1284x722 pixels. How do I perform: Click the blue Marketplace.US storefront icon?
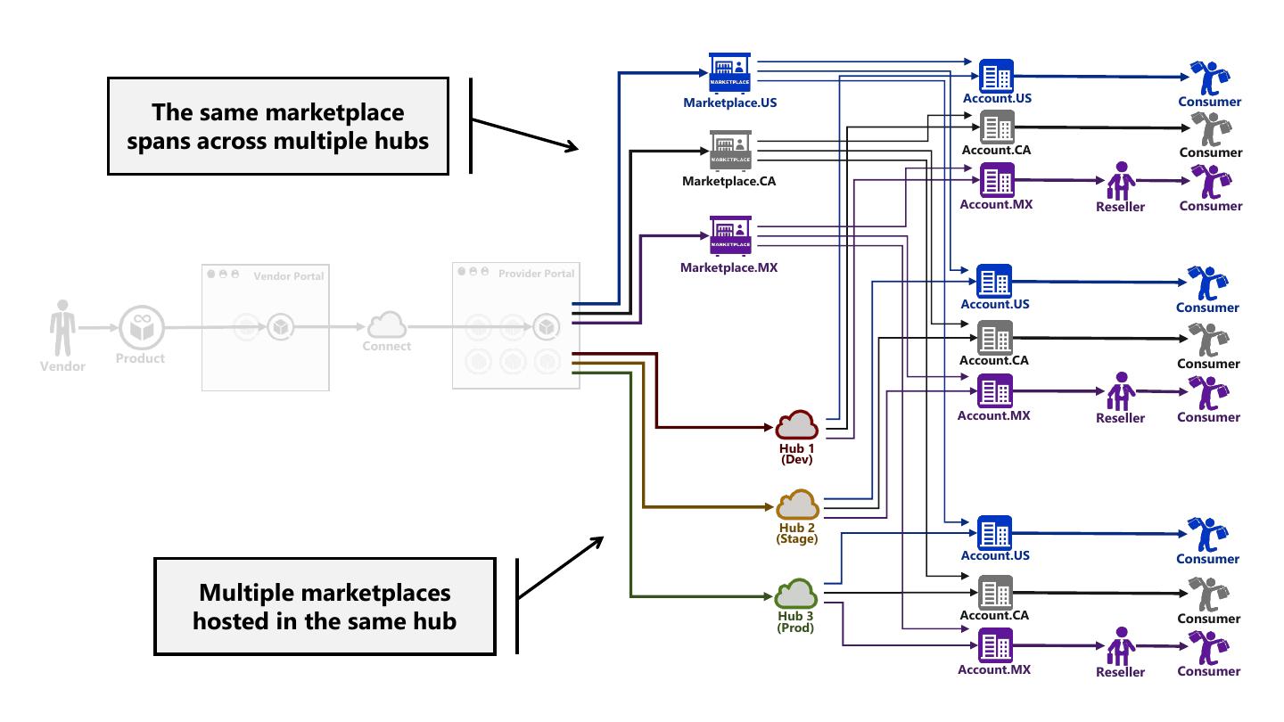(x=730, y=72)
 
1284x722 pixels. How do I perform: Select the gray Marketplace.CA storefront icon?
(x=730, y=150)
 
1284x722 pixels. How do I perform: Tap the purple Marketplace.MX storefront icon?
(x=730, y=235)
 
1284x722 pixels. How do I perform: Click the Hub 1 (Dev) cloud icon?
(x=796, y=425)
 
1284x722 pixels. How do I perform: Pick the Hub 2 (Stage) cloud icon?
(x=797, y=505)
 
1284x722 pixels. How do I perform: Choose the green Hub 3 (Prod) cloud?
(x=796, y=593)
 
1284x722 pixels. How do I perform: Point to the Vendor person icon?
(x=62, y=327)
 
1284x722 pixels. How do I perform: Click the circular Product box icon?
(x=140, y=327)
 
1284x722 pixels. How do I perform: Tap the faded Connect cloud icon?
(x=386, y=324)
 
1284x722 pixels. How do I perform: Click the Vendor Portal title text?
(x=288, y=276)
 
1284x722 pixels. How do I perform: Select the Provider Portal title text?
(x=537, y=274)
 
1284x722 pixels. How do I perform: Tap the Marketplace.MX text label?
(x=728, y=267)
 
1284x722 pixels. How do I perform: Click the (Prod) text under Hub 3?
(x=795, y=628)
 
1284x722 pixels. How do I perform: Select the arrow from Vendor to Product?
(x=97, y=327)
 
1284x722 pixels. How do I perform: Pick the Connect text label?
(x=386, y=346)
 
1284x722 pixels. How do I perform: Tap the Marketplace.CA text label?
(x=728, y=182)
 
